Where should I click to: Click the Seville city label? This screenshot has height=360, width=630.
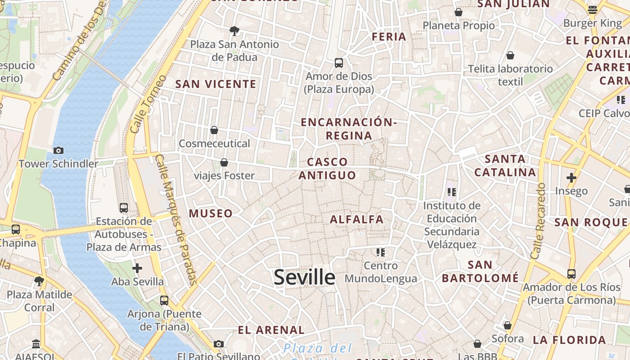click(304, 277)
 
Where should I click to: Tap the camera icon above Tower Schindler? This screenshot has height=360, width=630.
click(58, 150)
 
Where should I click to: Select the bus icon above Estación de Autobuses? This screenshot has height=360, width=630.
click(124, 207)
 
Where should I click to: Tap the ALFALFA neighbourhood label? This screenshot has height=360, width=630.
click(356, 220)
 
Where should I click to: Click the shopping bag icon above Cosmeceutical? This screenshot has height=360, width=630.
click(214, 130)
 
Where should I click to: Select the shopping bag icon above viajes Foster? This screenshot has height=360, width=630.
click(224, 162)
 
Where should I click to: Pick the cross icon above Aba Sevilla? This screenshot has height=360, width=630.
click(137, 268)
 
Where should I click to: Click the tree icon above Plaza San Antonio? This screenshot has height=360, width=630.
click(234, 31)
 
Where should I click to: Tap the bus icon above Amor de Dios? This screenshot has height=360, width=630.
click(339, 63)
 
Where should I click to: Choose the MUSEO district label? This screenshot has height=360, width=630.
click(211, 213)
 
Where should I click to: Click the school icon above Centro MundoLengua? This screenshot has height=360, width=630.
click(381, 252)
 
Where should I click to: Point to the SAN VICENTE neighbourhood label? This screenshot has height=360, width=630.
click(216, 84)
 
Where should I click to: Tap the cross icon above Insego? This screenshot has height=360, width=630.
click(571, 178)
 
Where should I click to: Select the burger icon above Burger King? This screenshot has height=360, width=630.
click(593, 9)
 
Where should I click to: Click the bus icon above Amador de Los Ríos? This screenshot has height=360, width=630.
click(571, 274)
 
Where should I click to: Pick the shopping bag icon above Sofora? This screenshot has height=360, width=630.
click(508, 325)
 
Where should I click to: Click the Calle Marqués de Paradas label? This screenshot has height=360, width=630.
click(175, 220)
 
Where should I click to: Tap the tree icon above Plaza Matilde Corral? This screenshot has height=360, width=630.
click(39, 281)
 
